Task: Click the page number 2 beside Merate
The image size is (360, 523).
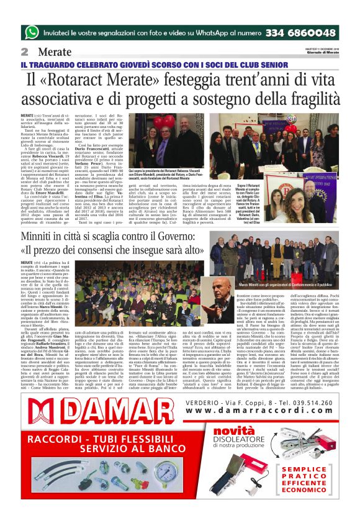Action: point(25,52)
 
